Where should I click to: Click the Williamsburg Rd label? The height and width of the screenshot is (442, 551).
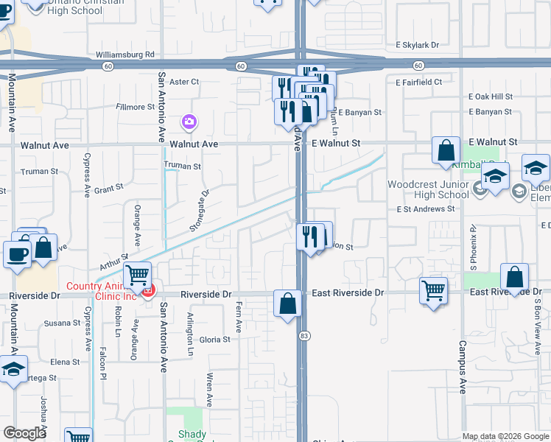(x=125, y=55)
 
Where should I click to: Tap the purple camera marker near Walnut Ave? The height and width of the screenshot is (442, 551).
(x=189, y=121)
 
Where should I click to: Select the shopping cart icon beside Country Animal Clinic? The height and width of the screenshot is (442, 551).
(x=137, y=276)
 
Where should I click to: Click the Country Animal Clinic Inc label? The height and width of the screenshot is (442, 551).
(x=102, y=292)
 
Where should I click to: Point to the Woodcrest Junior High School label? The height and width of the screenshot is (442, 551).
(x=428, y=189)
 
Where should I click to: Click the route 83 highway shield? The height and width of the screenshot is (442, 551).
(x=303, y=336)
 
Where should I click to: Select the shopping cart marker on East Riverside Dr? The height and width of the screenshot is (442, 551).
(x=434, y=290)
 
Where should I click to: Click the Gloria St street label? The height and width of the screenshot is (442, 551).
(x=215, y=340)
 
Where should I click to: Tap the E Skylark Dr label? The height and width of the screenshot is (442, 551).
(x=421, y=45)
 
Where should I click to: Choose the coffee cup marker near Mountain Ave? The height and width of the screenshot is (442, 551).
(x=18, y=253)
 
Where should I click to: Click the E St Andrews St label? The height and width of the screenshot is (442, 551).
(x=425, y=209)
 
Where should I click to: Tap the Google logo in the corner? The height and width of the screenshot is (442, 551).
(x=25, y=433)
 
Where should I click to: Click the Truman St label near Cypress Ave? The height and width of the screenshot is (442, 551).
(x=40, y=172)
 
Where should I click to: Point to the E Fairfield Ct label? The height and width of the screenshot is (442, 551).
(x=418, y=83)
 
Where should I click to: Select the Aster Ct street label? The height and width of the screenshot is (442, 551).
(x=184, y=82)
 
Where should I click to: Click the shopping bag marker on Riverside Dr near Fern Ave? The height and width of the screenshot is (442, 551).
(x=287, y=303)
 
